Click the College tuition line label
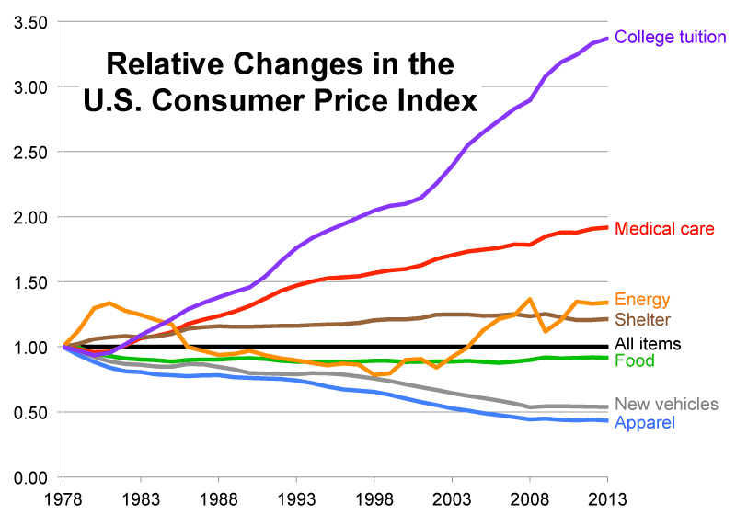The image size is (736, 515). tap(671, 38)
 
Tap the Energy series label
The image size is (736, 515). tap(642, 300)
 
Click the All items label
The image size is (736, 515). tap(648, 345)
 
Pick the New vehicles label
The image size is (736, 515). tap(666, 405)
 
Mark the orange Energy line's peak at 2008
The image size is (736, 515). tap(531, 299)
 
